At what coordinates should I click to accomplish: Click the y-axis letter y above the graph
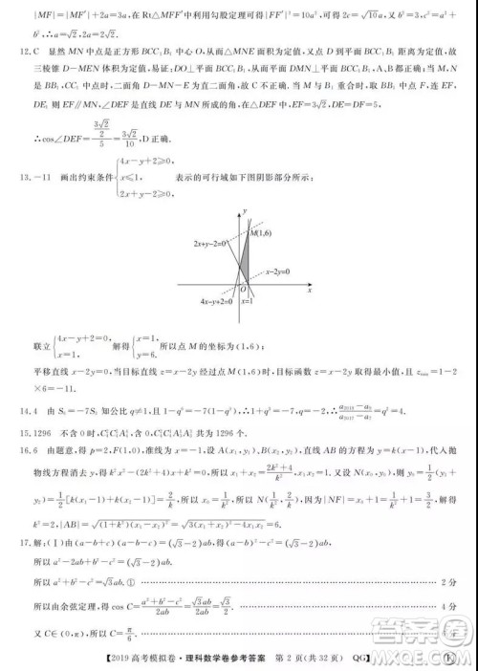click(x=244, y=207)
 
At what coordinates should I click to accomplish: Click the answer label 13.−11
click(x=23, y=163)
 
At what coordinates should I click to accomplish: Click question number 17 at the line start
click(x=14, y=545)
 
